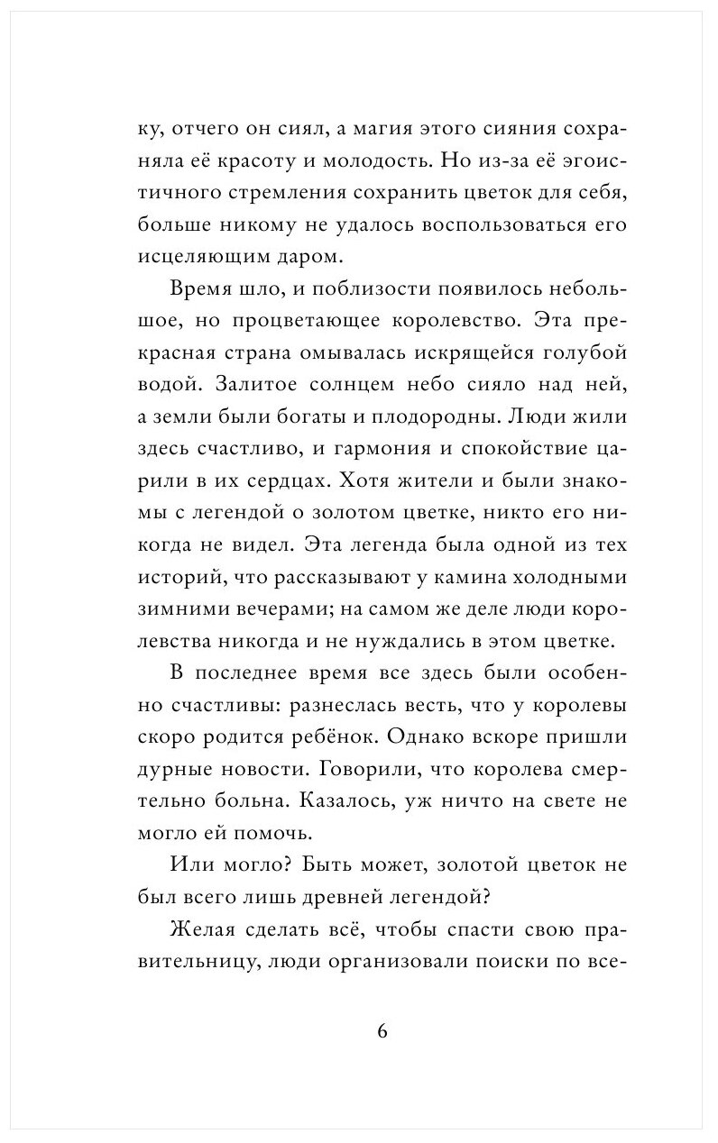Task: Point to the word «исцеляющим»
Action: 189,258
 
